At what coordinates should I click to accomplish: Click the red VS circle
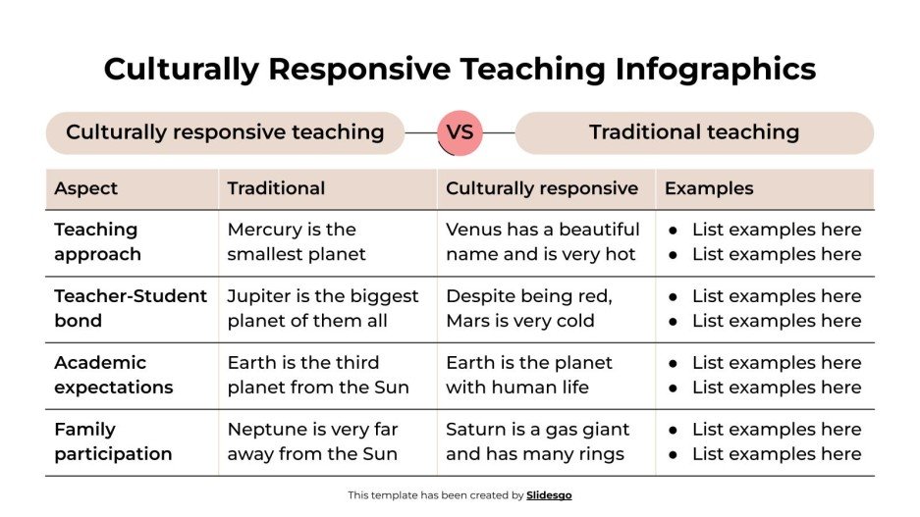[x=460, y=132]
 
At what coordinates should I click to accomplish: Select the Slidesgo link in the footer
[x=549, y=495]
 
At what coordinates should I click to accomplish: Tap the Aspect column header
[x=86, y=188]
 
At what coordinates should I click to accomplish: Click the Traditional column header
[x=276, y=188]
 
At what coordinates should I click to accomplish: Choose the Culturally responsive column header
[x=542, y=188]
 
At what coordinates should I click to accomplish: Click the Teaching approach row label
[x=97, y=241]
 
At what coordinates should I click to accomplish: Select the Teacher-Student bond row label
[x=131, y=308]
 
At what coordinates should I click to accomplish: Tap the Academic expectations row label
[x=113, y=375]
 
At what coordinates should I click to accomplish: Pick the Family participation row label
[x=113, y=441]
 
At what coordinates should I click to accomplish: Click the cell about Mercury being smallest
[x=296, y=241]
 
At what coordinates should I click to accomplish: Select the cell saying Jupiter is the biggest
[x=322, y=308]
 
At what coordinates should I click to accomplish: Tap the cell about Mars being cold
[x=528, y=308]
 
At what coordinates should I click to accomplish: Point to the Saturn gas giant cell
[x=537, y=441]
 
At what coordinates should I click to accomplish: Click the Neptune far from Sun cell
[x=313, y=441]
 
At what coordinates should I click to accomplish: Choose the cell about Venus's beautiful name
[x=542, y=241]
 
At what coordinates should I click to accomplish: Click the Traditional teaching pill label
[x=694, y=132]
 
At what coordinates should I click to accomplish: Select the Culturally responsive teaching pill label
[x=225, y=132]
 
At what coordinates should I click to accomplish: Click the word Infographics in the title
[x=716, y=69]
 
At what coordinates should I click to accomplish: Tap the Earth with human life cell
[x=528, y=375]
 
